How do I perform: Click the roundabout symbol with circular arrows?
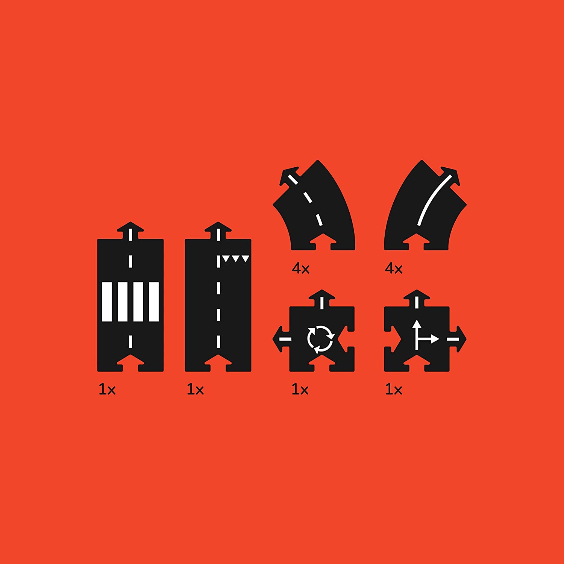click(x=320, y=340)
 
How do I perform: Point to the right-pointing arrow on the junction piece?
click(x=429, y=339)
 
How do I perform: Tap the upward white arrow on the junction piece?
click(x=417, y=335)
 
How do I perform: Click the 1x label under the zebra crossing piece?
click(x=107, y=390)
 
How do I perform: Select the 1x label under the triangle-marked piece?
click(x=195, y=390)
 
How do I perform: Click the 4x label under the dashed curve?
click(x=300, y=268)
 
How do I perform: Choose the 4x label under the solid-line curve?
click(x=394, y=268)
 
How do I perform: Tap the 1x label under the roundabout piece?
click(x=300, y=390)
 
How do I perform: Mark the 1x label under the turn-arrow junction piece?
click(x=394, y=390)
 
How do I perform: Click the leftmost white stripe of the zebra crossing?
click(x=107, y=302)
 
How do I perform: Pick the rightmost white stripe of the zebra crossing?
click(x=154, y=302)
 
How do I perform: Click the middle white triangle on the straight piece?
click(x=236, y=259)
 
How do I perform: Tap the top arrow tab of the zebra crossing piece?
click(x=130, y=230)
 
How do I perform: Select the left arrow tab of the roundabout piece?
click(x=281, y=339)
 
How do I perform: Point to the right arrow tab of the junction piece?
click(x=458, y=339)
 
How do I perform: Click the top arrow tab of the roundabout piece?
click(x=322, y=298)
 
